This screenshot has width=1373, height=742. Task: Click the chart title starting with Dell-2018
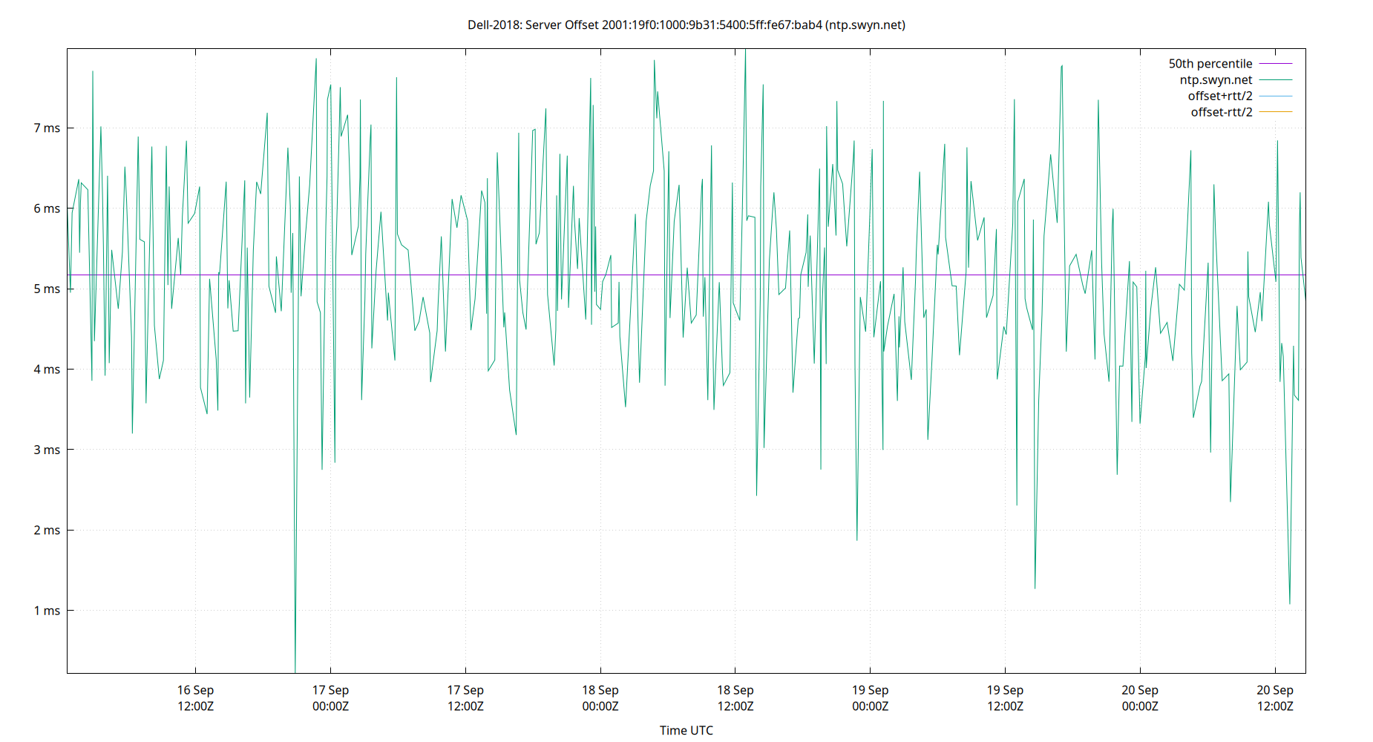tap(686, 25)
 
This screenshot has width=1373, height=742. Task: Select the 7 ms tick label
tap(47, 128)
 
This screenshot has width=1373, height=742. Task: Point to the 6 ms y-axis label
tap(47, 209)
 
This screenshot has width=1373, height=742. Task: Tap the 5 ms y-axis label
tap(47, 289)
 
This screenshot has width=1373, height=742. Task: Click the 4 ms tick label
tap(47, 370)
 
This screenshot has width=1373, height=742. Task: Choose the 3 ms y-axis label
tap(47, 450)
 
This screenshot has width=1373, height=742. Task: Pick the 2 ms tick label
tap(47, 531)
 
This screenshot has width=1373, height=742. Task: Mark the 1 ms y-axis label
tap(47, 611)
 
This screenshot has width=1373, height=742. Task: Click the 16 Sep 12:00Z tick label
tap(195, 698)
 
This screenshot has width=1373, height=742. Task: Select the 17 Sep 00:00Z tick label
tap(330, 698)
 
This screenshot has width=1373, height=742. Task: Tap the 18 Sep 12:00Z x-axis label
tap(735, 698)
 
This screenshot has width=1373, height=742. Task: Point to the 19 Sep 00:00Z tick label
tap(870, 698)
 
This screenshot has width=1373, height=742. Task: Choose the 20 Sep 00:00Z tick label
tap(1140, 698)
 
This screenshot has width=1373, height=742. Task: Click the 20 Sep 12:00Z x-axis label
tap(1275, 698)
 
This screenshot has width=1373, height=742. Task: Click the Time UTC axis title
tap(686, 731)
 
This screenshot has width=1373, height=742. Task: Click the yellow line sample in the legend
tap(1276, 112)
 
